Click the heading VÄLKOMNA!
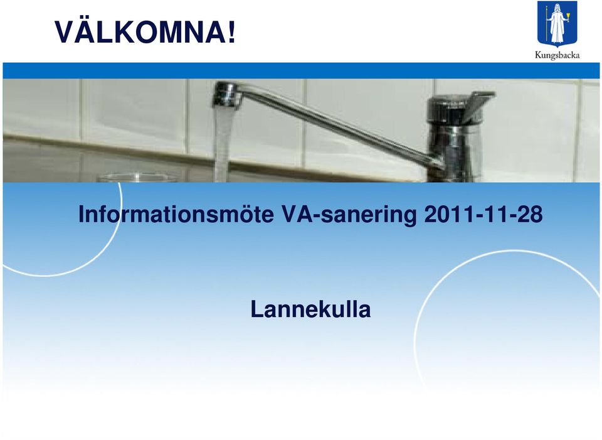click(x=145, y=32)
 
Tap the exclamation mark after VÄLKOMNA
click(x=231, y=32)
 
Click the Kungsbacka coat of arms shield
click(x=557, y=24)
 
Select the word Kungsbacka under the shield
click(x=557, y=55)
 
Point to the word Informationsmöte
click(x=176, y=214)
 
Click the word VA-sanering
click(x=349, y=215)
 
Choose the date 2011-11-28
click(x=483, y=214)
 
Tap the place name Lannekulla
click(x=310, y=309)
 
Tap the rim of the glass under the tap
click(x=136, y=176)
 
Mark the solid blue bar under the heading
click(x=301, y=71)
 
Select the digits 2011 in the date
click(x=447, y=214)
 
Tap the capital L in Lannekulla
click(x=257, y=309)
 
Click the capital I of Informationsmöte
click(x=81, y=215)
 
